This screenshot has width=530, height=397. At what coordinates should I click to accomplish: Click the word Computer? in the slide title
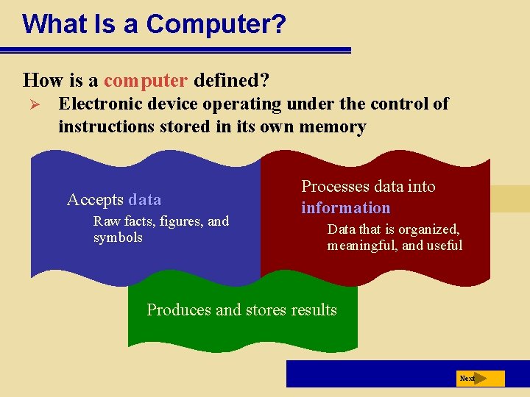[x=216, y=24]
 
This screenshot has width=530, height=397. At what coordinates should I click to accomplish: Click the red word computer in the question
[x=146, y=79]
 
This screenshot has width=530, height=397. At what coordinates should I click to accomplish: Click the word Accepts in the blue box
[x=95, y=199]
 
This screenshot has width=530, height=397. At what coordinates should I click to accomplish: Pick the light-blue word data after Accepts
[x=144, y=199]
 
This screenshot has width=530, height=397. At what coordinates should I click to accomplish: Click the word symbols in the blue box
[x=118, y=237]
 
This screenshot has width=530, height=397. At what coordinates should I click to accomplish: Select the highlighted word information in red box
[x=345, y=207]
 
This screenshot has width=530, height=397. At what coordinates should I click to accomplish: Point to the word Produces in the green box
[x=179, y=310]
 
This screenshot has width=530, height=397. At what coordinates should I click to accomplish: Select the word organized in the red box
[x=428, y=229]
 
